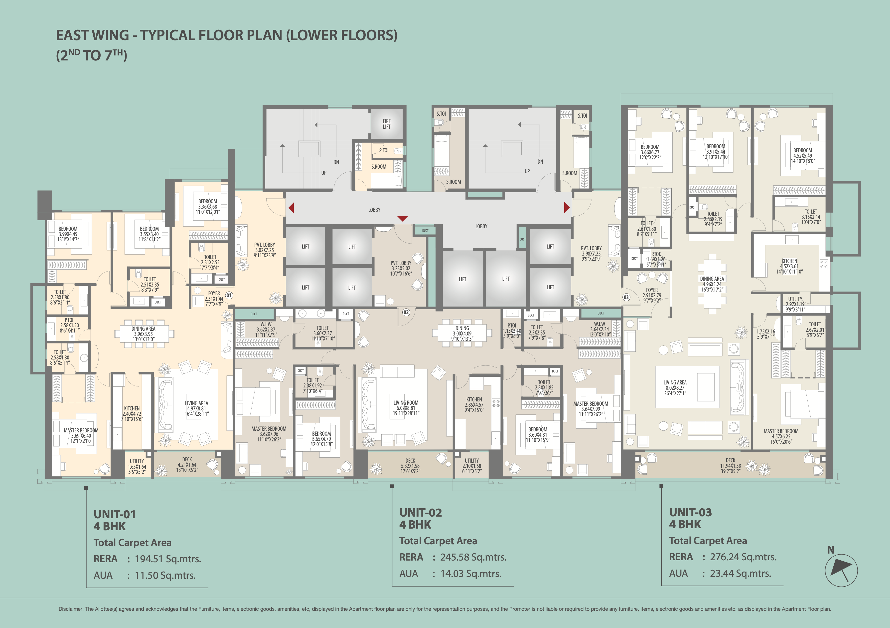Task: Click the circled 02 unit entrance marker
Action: click(406, 312)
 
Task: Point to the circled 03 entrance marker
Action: click(626, 298)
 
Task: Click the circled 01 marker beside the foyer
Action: click(229, 296)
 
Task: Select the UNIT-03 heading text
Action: click(690, 512)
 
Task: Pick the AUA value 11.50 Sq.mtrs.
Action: click(165, 575)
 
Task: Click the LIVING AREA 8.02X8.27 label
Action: click(675, 387)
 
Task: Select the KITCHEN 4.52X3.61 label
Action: click(789, 266)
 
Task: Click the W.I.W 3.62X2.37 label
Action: click(266, 329)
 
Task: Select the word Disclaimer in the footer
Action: click(71, 609)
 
